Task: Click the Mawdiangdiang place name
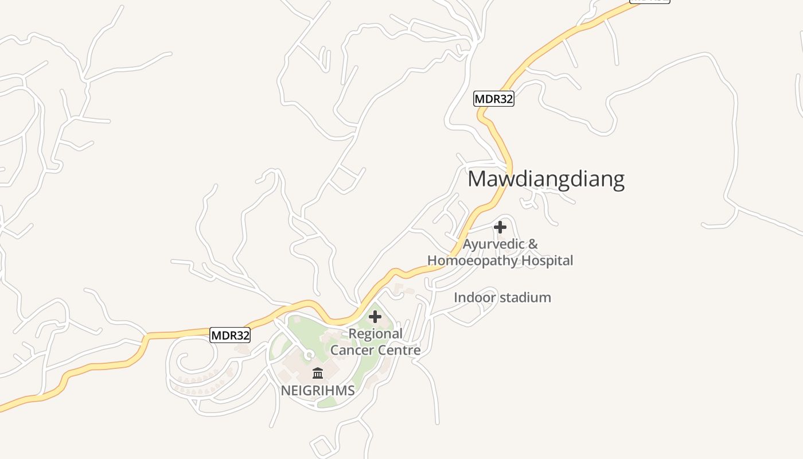click(x=546, y=179)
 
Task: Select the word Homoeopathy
click(x=463, y=260)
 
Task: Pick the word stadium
click(x=525, y=297)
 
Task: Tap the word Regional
click(x=376, y=334)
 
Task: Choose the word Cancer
click(x=352, y=350)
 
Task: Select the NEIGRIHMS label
click(x=317, y=391)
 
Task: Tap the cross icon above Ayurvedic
click(x=500, y=227)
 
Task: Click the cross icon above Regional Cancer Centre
click(x=375, y=317)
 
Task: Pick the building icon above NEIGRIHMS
click(x=318, y=374)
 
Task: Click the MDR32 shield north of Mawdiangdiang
click(x=493, y=99)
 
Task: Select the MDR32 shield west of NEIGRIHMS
click(x=230, y=335)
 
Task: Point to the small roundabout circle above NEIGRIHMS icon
click(x=309, y=356)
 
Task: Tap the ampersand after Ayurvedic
click(x=533, y=244)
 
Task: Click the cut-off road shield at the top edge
click(x=649, y=1)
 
